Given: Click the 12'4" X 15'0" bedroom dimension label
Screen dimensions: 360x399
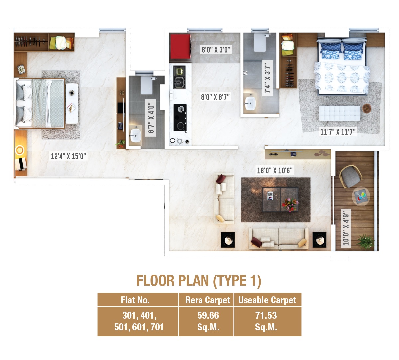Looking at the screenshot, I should (x=68, y=156).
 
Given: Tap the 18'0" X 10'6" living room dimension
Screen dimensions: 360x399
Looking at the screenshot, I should (x=275, y=171).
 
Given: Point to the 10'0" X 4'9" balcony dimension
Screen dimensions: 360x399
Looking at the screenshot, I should (x=346, y=228).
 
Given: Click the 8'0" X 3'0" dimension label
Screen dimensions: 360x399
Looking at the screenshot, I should (x=216, y=50).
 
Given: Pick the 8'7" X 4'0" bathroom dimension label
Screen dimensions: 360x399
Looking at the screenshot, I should (x=151, y=118).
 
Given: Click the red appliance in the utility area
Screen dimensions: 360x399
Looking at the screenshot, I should (x=180, y=46).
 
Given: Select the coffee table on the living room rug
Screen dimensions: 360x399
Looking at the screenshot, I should (x=280, y=199).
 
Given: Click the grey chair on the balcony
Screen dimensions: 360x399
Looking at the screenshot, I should (x=350, y=177).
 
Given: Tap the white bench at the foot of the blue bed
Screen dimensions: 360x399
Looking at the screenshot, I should (x=339, y=113).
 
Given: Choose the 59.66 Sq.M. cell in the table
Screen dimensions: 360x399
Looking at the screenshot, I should (x=208, y=321).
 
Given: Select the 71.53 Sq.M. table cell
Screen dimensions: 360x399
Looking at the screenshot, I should (x=266, y=321).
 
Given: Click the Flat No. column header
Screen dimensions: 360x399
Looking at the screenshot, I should (x=135, y=300).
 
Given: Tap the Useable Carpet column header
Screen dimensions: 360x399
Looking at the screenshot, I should (x=267, y=300).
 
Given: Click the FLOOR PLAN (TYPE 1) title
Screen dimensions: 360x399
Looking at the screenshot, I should (x=199, y=281).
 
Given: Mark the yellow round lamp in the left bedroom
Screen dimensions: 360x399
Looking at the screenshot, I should (x=20, y=150).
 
